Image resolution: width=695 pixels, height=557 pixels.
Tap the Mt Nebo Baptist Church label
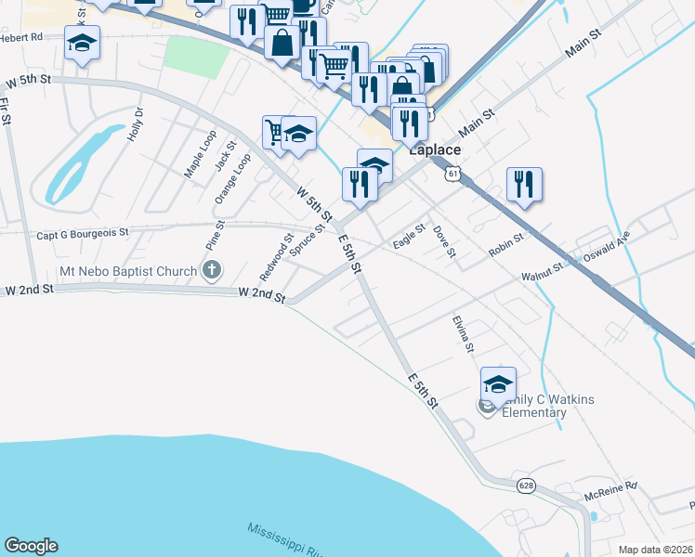tap(128, 271)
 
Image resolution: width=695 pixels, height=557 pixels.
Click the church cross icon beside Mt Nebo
tap(212, 271)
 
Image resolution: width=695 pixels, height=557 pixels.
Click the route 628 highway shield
tap(527, 486)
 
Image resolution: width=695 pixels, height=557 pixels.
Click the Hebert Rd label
tap(22, 38)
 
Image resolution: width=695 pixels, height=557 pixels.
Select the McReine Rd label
tap(611, 486)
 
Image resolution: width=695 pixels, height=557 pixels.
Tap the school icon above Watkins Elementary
tap(498, 382)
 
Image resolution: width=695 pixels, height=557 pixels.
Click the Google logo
tap(31, 546)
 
